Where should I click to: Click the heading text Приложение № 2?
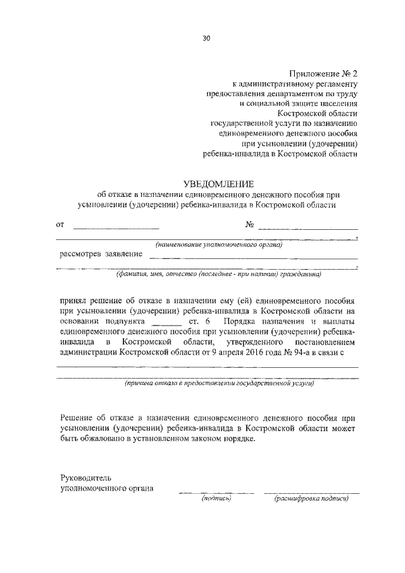323,73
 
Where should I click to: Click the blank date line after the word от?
116,226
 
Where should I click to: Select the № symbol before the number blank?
249,224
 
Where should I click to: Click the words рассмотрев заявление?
101,254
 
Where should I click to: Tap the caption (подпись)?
216,499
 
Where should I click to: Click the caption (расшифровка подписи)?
310,499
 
